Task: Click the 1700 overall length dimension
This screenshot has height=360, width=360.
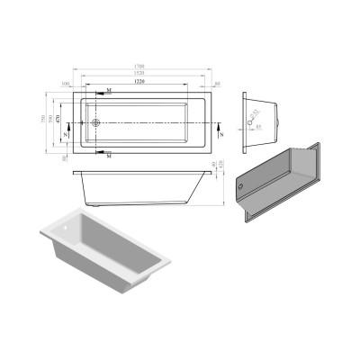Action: point(140,66)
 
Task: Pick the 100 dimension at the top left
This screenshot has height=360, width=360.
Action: point(67,84)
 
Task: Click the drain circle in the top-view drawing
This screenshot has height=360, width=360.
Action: point(96,121)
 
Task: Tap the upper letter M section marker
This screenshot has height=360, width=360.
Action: point(109,92)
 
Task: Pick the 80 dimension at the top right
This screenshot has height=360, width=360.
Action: point(207,84)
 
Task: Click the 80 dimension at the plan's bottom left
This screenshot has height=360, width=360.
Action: point(67,157)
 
